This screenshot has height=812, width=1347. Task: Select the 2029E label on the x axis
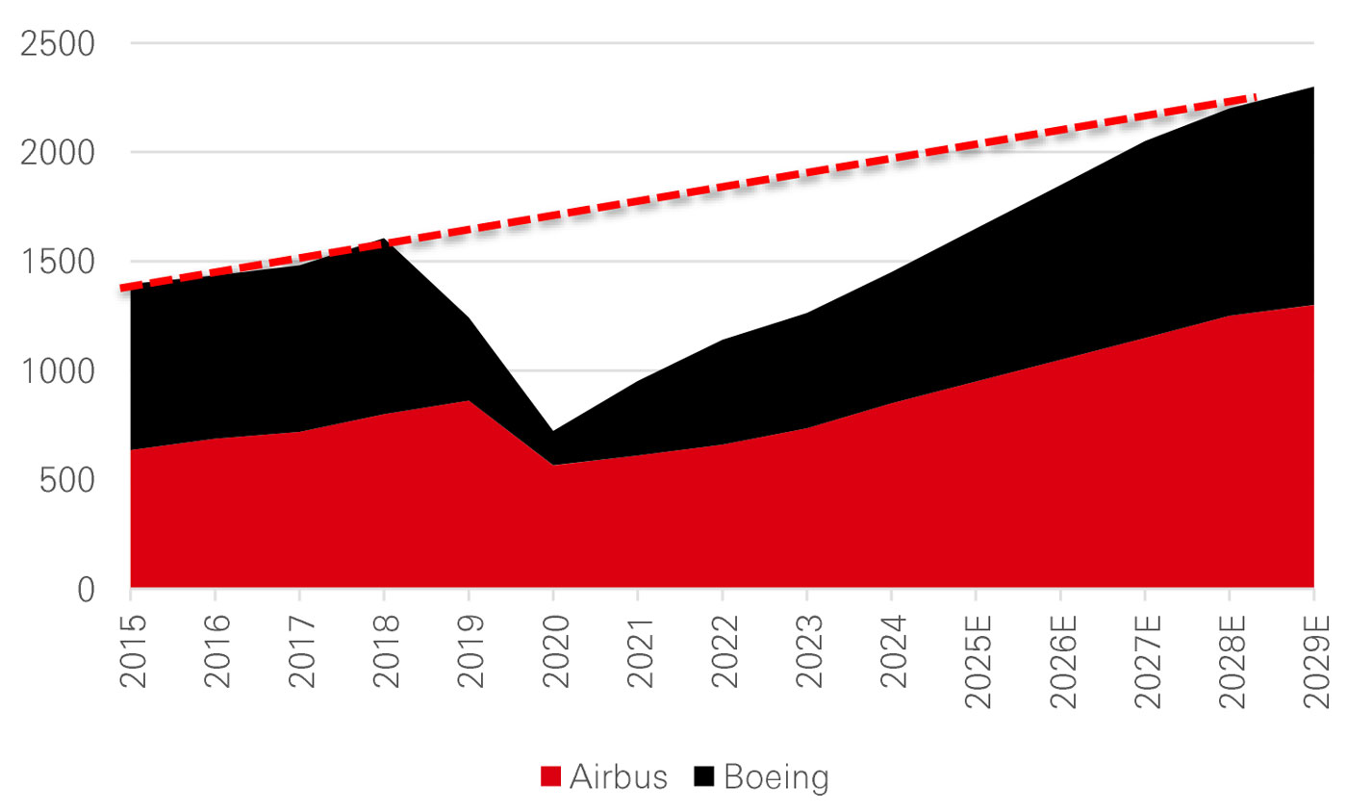click(x=1315, y=665)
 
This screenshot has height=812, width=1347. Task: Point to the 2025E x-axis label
click(x=977, y=665)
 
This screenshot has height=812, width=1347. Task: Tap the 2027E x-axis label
click(x=1146, y=665)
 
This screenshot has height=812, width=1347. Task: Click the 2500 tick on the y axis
click(x=61, y=44)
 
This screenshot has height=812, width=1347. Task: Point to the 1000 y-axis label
click(x=61, y=370)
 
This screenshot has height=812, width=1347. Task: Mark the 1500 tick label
click(x=61, y=262)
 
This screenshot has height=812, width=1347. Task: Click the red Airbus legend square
click(x=549, y=777)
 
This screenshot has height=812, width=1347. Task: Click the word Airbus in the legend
click(x=618, y=777)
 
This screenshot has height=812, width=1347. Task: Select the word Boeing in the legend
click(x=775, y=777)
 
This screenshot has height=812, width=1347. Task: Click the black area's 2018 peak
click(x=385, y=239)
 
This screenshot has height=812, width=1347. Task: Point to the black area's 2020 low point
click(x=554, y=431)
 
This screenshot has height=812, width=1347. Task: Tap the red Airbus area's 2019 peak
click(x=470, y=400)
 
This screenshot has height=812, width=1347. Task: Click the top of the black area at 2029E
click(x=1313, y=88)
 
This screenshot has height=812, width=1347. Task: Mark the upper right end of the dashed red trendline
click(x=1255, y=97)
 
